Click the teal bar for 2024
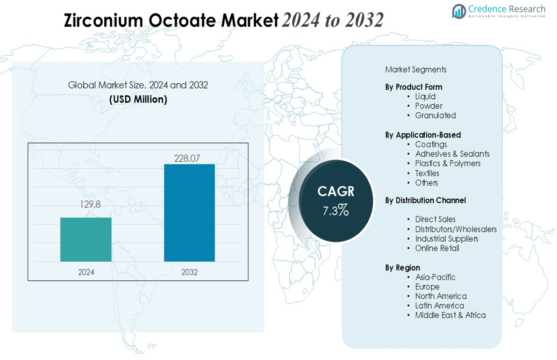(x=86, y=240)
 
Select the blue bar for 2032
(x=189, y=213)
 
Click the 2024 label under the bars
(x=86, y=272)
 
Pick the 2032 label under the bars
(x=189, y=272)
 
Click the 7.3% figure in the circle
(x=336, y=211)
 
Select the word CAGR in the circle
(x=336, y=191)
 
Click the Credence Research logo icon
(x=459, y=11)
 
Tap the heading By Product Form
(x=413, y=87)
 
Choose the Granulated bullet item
(x=435, y=116)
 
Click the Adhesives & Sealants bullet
(x=452, y=154)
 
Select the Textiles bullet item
(x=427, y=174)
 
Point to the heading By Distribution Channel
(x=425, y=200)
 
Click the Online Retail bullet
(x=437, y=248)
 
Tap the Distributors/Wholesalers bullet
(x=455, y=229)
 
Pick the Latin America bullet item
(x=439, y=306)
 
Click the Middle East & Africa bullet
(x=450, y=315)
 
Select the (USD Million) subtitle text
(x=138, y=99)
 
